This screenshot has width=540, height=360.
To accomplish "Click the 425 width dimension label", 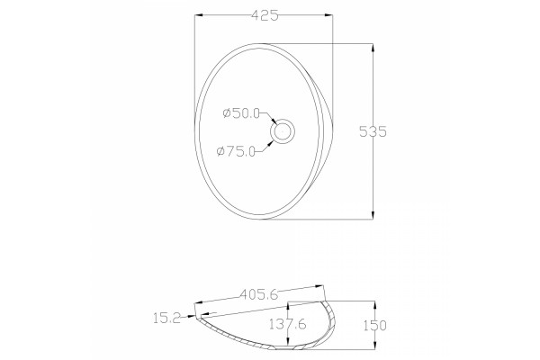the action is point(265,16).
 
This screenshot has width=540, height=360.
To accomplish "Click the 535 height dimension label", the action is point(373,131).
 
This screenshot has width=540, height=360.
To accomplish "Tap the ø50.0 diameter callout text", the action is point(241,113).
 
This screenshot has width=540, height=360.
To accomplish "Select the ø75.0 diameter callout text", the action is point(236,151).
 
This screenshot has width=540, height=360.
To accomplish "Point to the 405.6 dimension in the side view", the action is point(259,294).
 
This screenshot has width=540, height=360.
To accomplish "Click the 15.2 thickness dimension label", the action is point(166,319).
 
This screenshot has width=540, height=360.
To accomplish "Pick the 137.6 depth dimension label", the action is point(288,324).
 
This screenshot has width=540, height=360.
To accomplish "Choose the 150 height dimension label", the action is point(375,326).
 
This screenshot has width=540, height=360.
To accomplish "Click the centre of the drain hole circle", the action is point(283,131).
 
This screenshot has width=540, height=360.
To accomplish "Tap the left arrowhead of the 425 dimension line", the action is point(199,15).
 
